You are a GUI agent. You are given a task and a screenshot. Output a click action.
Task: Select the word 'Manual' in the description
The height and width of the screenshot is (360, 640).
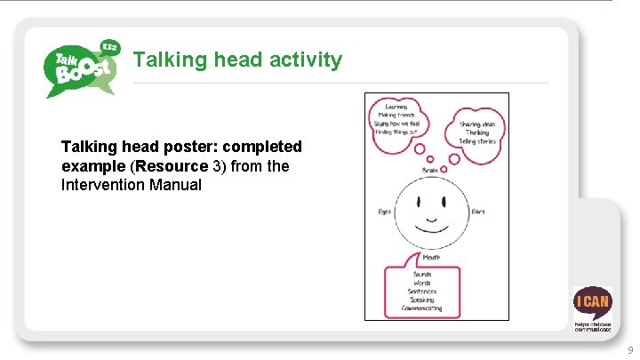tap(176, 185)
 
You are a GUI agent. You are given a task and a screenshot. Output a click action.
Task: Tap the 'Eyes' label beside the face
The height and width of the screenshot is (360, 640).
tap(385, 212)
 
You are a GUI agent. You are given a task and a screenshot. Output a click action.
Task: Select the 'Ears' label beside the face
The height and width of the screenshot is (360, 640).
tap(478, 212)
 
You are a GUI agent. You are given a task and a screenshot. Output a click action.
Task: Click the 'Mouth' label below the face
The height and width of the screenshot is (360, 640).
tap(431, 258)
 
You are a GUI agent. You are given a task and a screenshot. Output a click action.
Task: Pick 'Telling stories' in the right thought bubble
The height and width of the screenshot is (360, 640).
tap(477, 141)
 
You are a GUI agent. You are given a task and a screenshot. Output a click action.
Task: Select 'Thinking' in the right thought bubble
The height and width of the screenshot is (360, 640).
tap(477, 132)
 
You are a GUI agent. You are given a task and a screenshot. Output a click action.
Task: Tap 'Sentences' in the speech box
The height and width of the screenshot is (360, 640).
tap(422, 291)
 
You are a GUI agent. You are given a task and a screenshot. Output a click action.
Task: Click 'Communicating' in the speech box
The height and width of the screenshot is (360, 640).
tap(422, 308)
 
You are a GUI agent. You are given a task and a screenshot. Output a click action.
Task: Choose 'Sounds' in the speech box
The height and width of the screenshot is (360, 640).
tap(422, 275)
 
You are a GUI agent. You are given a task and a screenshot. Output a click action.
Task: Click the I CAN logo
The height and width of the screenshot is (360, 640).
tap(591, 307)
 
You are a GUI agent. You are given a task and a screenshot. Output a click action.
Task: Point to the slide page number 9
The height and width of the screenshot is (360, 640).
tap(630, 350)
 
